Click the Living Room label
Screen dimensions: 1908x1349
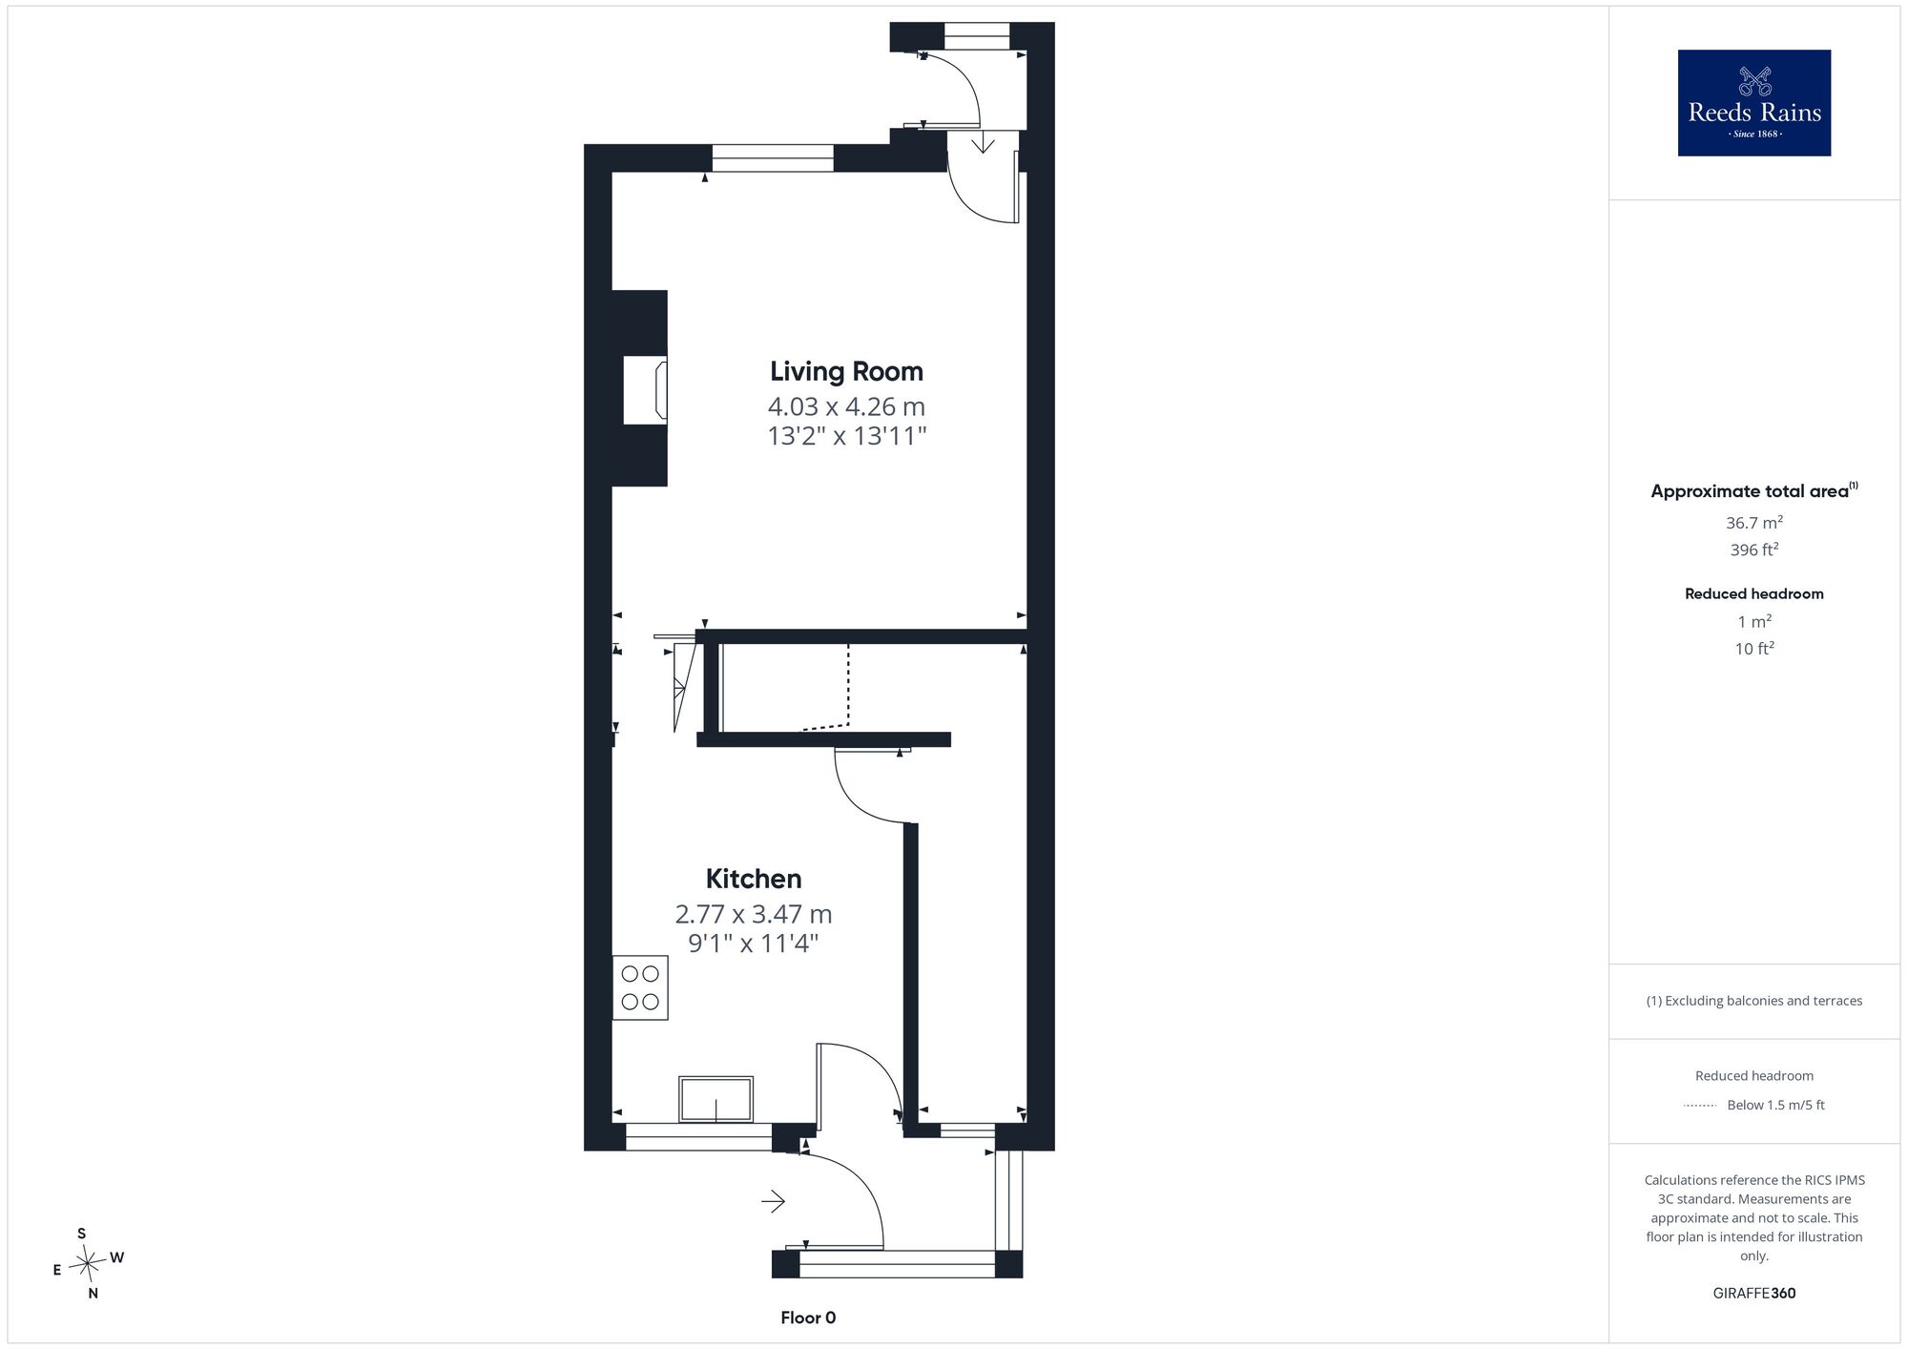click(x=846, y=371)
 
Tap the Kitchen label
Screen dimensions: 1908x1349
click(x=754, y=879)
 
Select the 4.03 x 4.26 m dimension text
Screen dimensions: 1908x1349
click(x=846, y=406)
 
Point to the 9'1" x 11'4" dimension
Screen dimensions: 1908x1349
click(x=754, y=944)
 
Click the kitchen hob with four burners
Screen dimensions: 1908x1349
click(x=640, y=987)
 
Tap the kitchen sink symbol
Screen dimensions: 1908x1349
click(x=715, y=1099)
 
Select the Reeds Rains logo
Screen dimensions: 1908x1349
click(x=1754, y=103)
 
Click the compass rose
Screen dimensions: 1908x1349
click(x=88, y=1264)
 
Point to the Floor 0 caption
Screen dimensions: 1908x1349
click(x=808, y=1318)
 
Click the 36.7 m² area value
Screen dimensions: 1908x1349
click(x=1754, y=523)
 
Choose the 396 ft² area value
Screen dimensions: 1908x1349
click(x=1754, y=550)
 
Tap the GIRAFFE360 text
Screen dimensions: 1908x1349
click(x=1754, y=1294)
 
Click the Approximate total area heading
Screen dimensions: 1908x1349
click(x=1754, y=490)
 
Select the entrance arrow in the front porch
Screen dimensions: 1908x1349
click(x=773, y=1201)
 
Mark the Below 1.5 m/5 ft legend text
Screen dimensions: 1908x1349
click(x=1776, y=1105)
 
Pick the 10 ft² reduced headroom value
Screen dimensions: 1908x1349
click(x=1754, y=649)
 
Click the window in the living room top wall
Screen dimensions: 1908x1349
click(x=773, y=157)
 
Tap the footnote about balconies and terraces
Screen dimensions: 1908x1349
click(x=1754, y=1001)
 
